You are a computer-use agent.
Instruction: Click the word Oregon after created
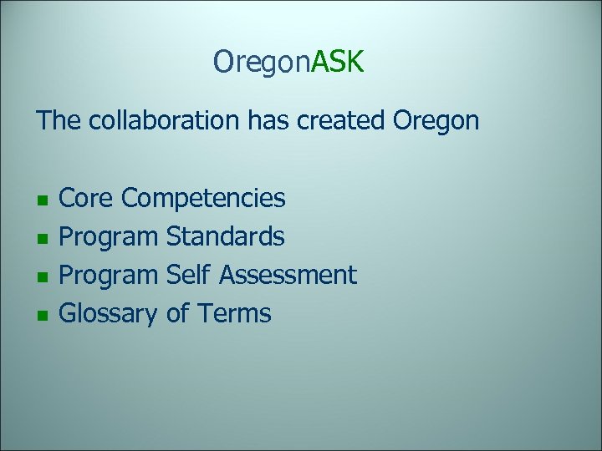pyautogui.click(x=435, y=122)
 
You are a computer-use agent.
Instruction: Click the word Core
pyautogui.click(x=88, y=199)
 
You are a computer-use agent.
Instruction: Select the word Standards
pyautogui.click(x=226, y=237)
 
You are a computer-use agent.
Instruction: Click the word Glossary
pyautogui.click(x=110, y=316)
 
